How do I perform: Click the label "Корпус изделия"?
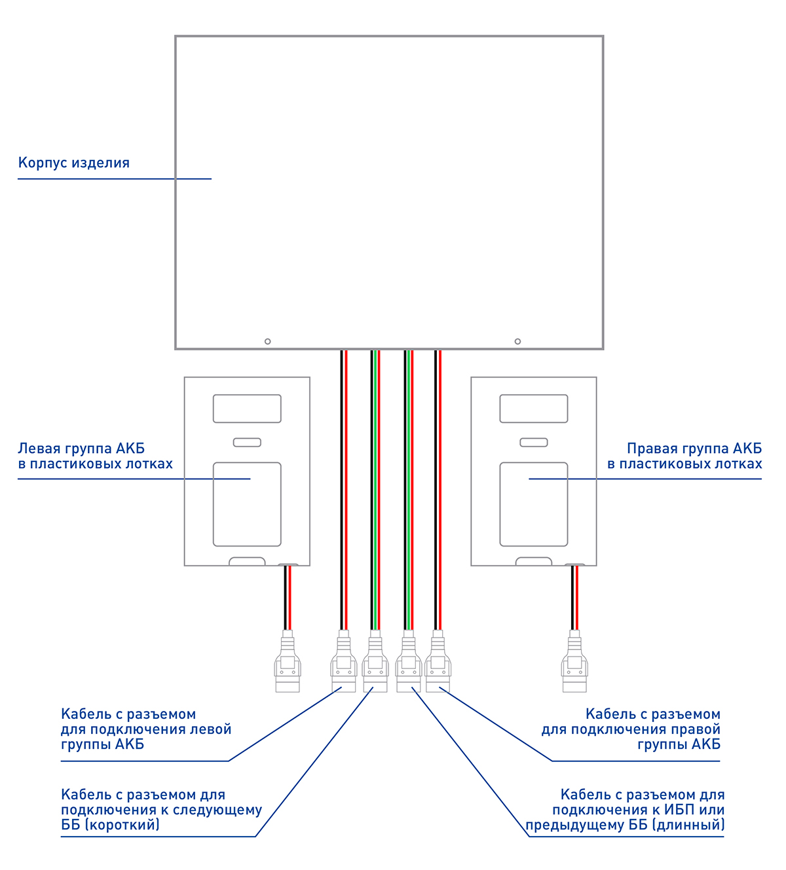click(x=74, y=163)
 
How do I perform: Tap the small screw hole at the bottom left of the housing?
click(x=267, y=342)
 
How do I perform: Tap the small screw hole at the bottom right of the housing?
click(x=517, y=342)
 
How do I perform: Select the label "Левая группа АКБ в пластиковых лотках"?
click(x=95, y=456)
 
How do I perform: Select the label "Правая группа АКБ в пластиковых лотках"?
click(x=684, y=456)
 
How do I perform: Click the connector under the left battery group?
click(x=287, y=662)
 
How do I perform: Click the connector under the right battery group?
click(x=574, y=662)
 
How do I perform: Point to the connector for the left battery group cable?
click(x=343, y=662)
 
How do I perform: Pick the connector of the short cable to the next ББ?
click(x=375, y=662)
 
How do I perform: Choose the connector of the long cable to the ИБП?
click(x=408, y=662)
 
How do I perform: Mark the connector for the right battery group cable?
click(x=438, y=662)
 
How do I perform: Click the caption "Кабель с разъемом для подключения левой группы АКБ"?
click(x=145, y=729)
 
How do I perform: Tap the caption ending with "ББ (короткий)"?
click(x=161, y=810)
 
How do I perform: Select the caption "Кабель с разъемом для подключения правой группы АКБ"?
click(x=631, y=729)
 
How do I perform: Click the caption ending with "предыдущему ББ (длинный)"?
click(x=625, y=810)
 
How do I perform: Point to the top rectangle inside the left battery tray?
click(x=247, y=408)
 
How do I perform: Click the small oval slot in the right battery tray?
click(x=534, y=443)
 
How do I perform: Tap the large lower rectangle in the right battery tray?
click(x=534, y=504)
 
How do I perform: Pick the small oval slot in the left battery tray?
click(x=247, y=443)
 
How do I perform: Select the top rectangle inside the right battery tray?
click(x=534, y=408)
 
